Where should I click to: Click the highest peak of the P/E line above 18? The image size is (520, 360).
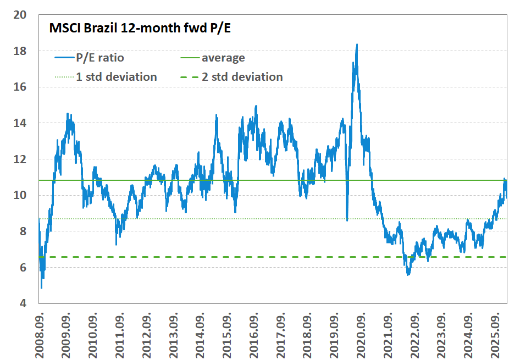pos(357,45)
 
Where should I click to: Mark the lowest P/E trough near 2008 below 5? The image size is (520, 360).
pos(41,288)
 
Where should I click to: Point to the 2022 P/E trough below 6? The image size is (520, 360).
pos(408,274)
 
